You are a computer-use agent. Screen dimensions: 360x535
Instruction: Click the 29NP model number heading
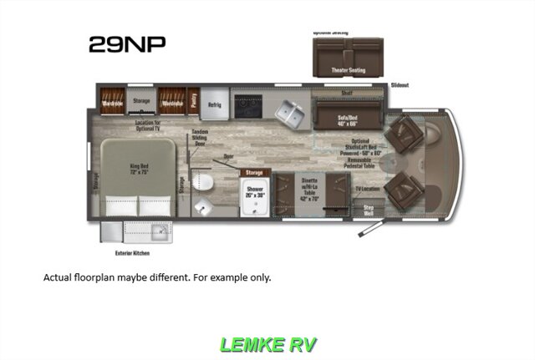point(127,45)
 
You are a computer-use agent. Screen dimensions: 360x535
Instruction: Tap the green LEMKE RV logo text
point(267,343)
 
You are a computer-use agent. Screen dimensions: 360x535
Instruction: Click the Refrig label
point(214,104)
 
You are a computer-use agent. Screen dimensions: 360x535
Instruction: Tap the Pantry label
point(194,98)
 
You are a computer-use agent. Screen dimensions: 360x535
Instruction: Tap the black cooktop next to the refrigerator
point(248,105)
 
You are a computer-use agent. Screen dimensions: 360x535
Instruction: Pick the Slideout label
point(400,84)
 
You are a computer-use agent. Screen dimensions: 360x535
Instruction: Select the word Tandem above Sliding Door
point(200,133)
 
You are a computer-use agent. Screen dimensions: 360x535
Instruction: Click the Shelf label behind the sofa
point(346,94)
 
